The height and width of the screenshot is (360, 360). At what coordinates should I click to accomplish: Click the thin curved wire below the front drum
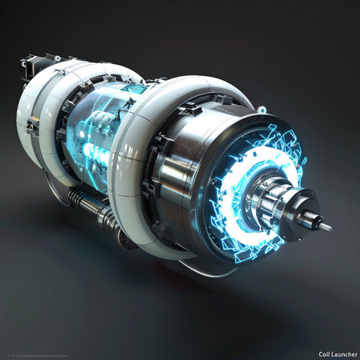coord(200,272)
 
